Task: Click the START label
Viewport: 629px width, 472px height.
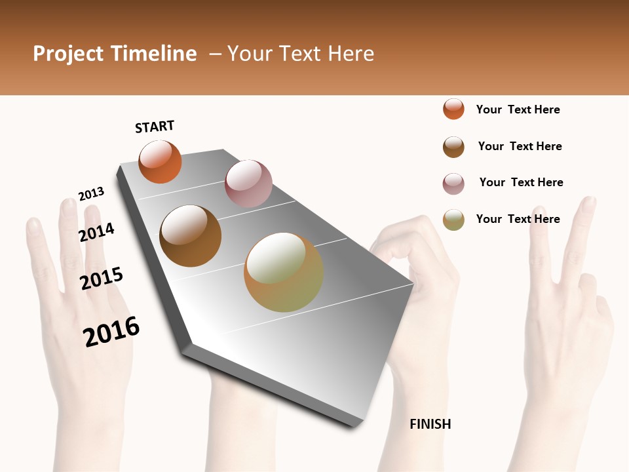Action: tap(155, 127)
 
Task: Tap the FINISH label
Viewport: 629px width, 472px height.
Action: tap(430, 424)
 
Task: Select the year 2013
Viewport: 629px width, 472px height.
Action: tap(92, 194)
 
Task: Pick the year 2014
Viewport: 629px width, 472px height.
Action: tap(97, 232)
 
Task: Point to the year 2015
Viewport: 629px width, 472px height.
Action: tap(102, 279)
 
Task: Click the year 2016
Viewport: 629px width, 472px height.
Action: tap(112, 332)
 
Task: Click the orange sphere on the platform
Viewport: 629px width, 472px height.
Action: tap(160, 162)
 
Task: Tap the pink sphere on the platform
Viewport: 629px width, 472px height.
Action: tap(248, 184)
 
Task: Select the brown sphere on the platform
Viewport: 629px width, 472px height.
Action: tap(191, 236)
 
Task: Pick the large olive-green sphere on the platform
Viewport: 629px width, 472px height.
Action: tap(284, 272)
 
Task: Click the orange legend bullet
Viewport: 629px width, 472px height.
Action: tap(453, 109)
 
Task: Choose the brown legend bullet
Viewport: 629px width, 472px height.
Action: tap(453, 147)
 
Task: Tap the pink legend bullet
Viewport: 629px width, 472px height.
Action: tap(453, 184)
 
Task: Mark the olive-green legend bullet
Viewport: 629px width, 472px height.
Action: tap(453, 220)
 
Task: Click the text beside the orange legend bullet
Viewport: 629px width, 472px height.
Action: tap(518, 109)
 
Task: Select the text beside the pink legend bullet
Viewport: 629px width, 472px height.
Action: tap(522, 182)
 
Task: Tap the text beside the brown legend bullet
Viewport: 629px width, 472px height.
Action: tap(520, 146)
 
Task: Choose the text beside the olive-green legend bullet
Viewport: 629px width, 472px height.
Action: tap(518, 219)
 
